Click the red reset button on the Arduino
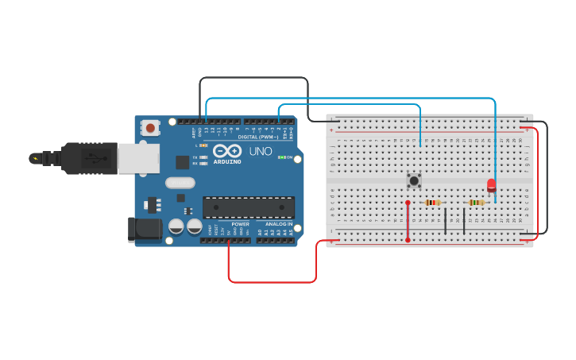click(x=150, y=127)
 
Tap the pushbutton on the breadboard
click(x=414, y=180)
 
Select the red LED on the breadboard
click(x=491, y=185)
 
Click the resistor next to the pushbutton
click(x=432, y=203)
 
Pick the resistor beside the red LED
click(x=476, y=203)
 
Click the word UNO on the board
click(x=261, y=151)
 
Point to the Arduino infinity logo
click(x=226, y=150)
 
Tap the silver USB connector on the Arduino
click(x=137, y=158)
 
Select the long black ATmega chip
click(x=248, y=207)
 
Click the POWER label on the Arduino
click(x=240, y=224)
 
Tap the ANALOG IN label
click(x=278, y=224)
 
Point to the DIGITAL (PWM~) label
click(x=258, y=137)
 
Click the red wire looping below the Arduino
click(x=270, y=281)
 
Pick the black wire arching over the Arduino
click(x=254, y=78)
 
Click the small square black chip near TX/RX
click(x=182, y=162)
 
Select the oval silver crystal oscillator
click(x=180, y=182)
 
